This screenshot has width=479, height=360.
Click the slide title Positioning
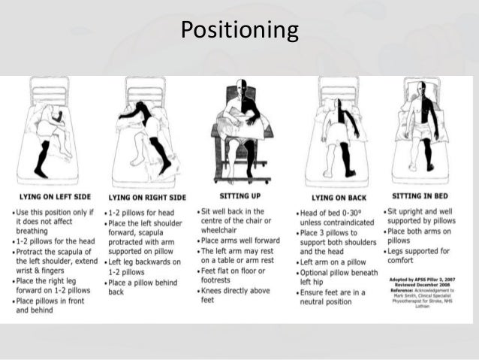click(239, 30)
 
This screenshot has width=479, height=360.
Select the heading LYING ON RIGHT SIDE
click(145, 196)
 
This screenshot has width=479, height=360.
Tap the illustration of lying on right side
click(146, 135)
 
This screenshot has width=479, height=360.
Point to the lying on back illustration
click(336, 135)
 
